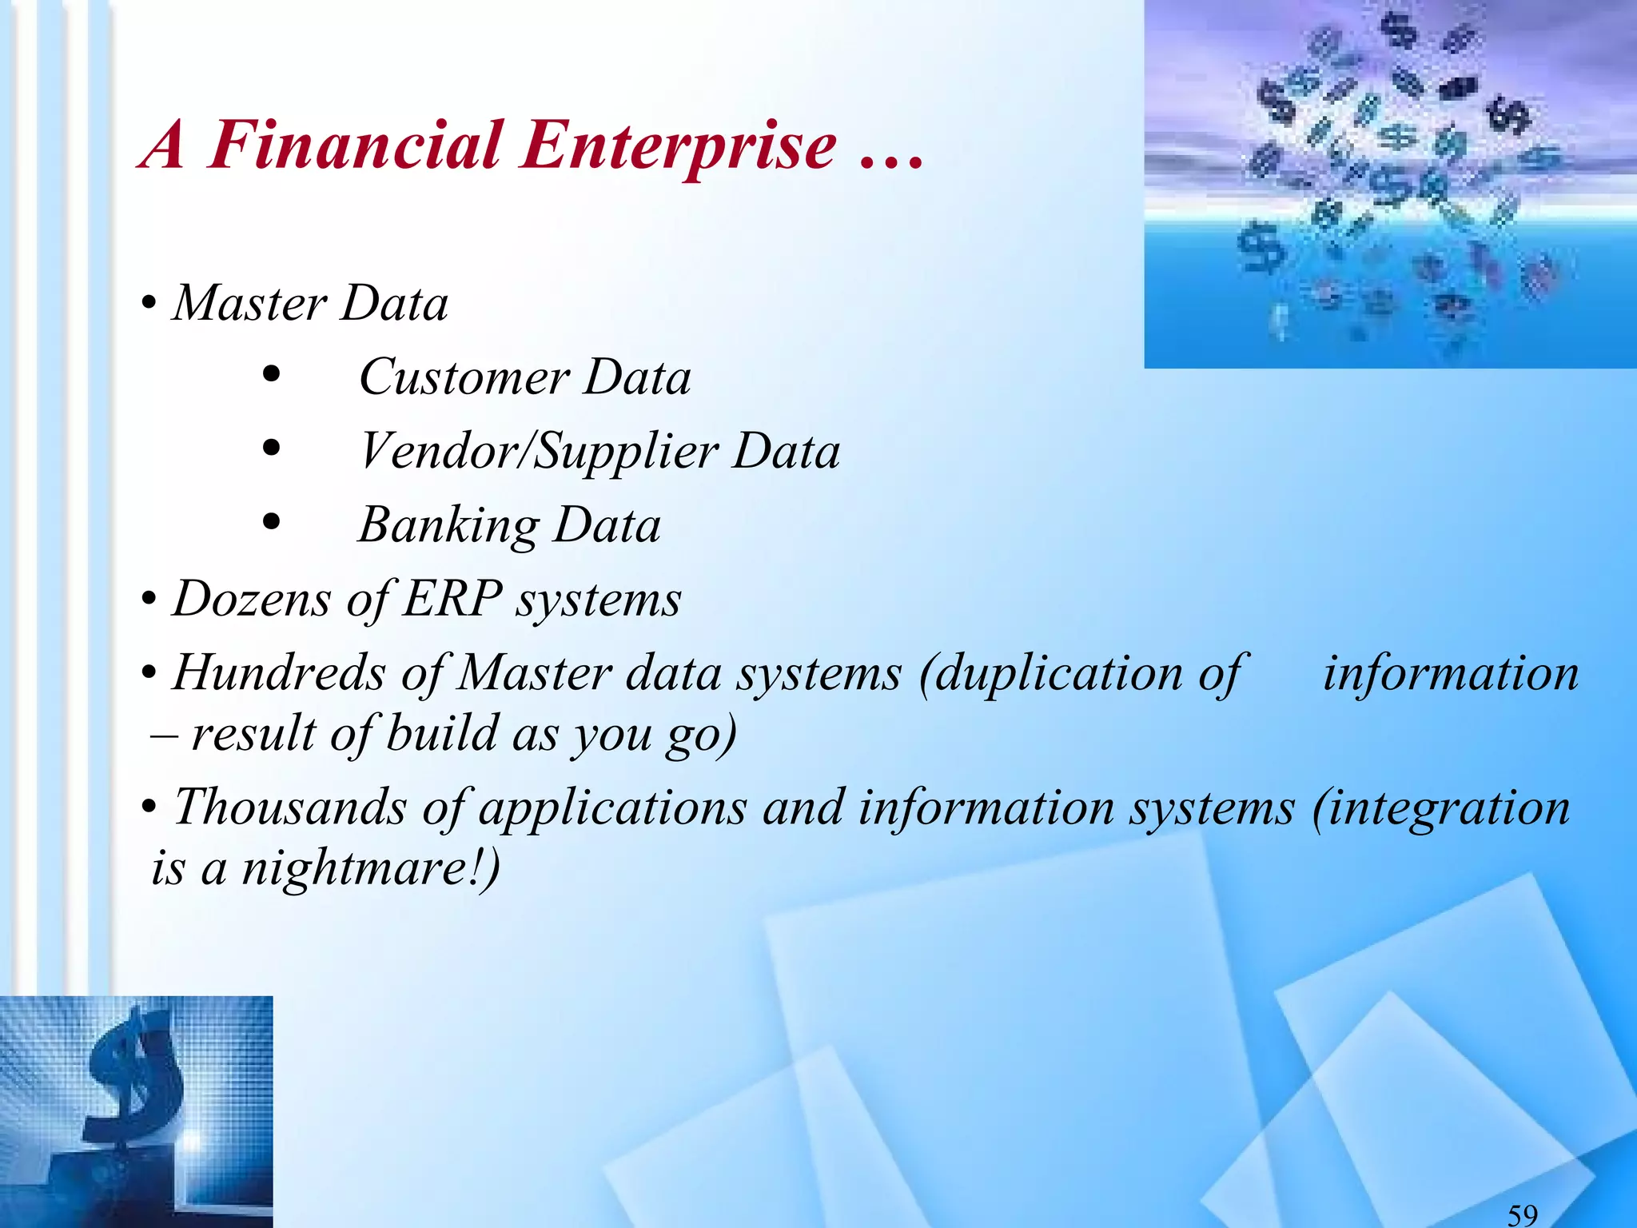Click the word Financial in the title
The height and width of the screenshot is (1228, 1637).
coord(355,146)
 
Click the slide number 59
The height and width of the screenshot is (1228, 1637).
coord(1522,1214)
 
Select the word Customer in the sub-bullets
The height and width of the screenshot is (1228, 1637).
coord(464,377)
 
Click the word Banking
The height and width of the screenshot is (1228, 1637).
coord(448,525)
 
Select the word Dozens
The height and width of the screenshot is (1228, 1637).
coord(251,599)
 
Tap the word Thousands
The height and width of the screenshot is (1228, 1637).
coord(290,807)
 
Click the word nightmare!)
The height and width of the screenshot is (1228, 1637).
coord(371,868)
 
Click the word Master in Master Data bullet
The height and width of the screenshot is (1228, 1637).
coord(249,304)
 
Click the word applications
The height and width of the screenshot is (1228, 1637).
coord(612,808)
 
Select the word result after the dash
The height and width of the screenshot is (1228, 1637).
coord(253,734)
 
